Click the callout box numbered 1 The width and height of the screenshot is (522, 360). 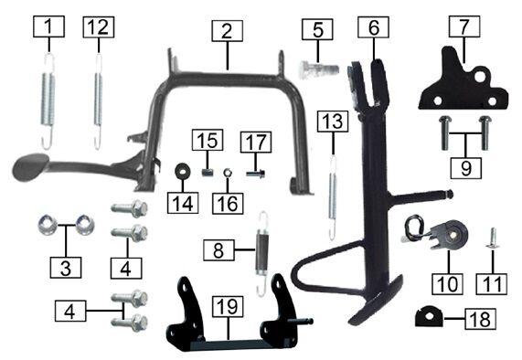48,26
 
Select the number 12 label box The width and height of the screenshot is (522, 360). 99,26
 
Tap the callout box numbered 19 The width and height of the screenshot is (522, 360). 228,306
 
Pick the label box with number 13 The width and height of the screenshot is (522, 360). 333,122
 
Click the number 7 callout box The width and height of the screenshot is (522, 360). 464,26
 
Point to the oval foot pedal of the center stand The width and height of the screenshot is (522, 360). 30,165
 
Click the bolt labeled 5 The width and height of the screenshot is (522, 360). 318,70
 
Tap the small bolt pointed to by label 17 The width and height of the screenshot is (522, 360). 256,174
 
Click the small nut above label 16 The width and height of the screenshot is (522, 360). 228,173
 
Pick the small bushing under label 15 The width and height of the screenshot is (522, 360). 208,173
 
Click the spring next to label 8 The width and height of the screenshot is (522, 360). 262,253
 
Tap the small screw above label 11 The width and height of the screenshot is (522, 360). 493,238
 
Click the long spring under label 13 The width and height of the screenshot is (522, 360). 333,197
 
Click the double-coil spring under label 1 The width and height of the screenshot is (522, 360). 48,101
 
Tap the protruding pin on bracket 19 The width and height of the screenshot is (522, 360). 303,322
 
